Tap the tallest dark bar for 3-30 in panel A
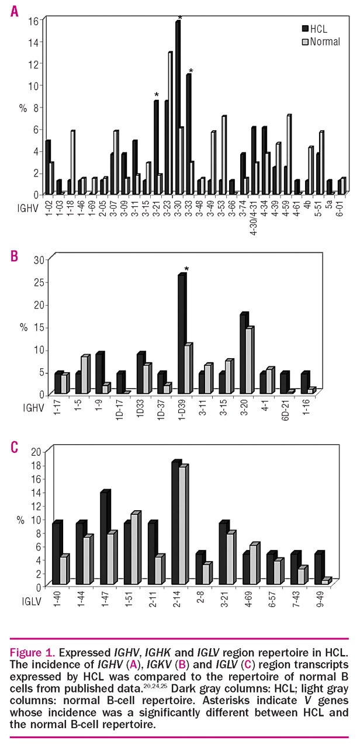coord(178,105)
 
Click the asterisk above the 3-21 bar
coord(157,95)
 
